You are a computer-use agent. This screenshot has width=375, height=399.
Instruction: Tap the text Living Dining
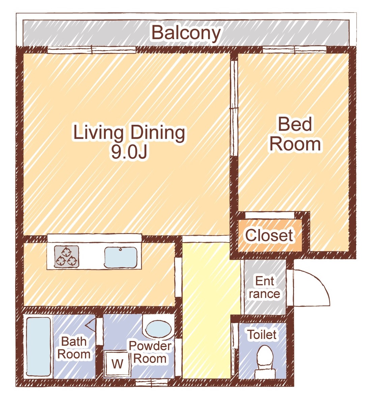(129, 132)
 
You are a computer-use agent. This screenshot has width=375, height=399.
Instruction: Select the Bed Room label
(295, 134)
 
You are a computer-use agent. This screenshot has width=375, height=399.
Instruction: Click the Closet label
(269, 235)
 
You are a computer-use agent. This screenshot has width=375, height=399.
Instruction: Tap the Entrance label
(265, 287)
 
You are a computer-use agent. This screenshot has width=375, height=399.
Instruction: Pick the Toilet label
(262, 334)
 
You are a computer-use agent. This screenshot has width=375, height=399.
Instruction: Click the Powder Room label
(150, 352)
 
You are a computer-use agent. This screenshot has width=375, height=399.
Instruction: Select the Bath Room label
(74, 348)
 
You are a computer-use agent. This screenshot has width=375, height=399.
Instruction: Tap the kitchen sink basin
(121, 257)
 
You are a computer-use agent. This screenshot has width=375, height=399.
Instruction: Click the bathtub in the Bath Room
(38, 346)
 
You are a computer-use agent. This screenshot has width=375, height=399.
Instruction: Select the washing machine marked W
(117, 363)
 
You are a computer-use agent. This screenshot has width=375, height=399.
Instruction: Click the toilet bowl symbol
(265, 361)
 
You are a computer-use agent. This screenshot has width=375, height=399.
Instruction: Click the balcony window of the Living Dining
(92, 50)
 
